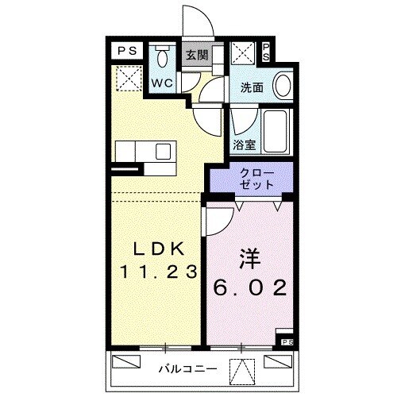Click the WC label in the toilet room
tap(162, 82)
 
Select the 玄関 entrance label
tap(196, 56)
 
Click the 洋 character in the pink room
tap(248, 260)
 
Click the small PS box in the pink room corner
tap(287, 342)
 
